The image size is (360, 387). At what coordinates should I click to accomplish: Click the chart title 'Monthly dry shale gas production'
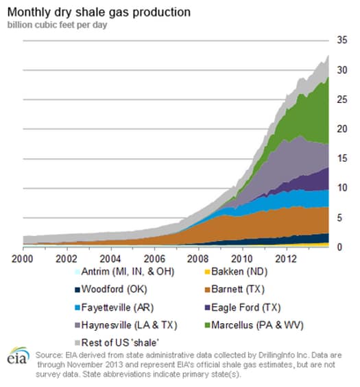click(x=99, y=12)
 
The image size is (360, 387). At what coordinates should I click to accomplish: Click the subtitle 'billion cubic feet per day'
click(x=56, y=25)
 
